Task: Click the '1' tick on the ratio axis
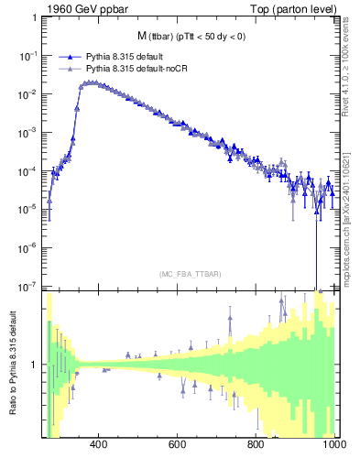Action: click(36, 365)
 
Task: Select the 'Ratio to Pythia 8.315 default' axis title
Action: click(11, 365)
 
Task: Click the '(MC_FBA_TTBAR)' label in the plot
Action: click(190, 273)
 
